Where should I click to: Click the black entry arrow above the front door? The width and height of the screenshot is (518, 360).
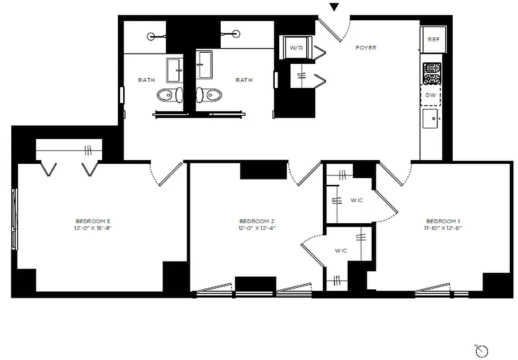[334, 7]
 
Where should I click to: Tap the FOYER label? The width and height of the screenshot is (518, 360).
[366, 48]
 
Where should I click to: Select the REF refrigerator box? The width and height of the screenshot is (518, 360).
[433, 40]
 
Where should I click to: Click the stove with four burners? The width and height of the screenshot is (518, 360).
[432, 73]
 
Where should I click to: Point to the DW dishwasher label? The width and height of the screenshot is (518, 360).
[430, 95]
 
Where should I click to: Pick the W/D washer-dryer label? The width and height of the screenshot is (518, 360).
[296, 48]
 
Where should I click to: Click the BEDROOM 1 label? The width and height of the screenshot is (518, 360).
[443, 221]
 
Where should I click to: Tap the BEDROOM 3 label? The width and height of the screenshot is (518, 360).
[93, 221]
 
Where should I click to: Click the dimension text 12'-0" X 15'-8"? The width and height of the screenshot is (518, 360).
[93, 228]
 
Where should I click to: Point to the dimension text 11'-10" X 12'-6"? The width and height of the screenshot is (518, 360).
[443, 228]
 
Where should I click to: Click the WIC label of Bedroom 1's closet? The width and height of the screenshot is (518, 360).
[357, 200]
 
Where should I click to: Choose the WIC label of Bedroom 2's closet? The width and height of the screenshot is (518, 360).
[340, 251]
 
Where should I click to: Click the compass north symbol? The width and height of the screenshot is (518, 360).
[482, 350]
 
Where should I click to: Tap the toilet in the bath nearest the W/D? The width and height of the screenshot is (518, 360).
[213, 94]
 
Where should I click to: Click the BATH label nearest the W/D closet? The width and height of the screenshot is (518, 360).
[244, 80]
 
